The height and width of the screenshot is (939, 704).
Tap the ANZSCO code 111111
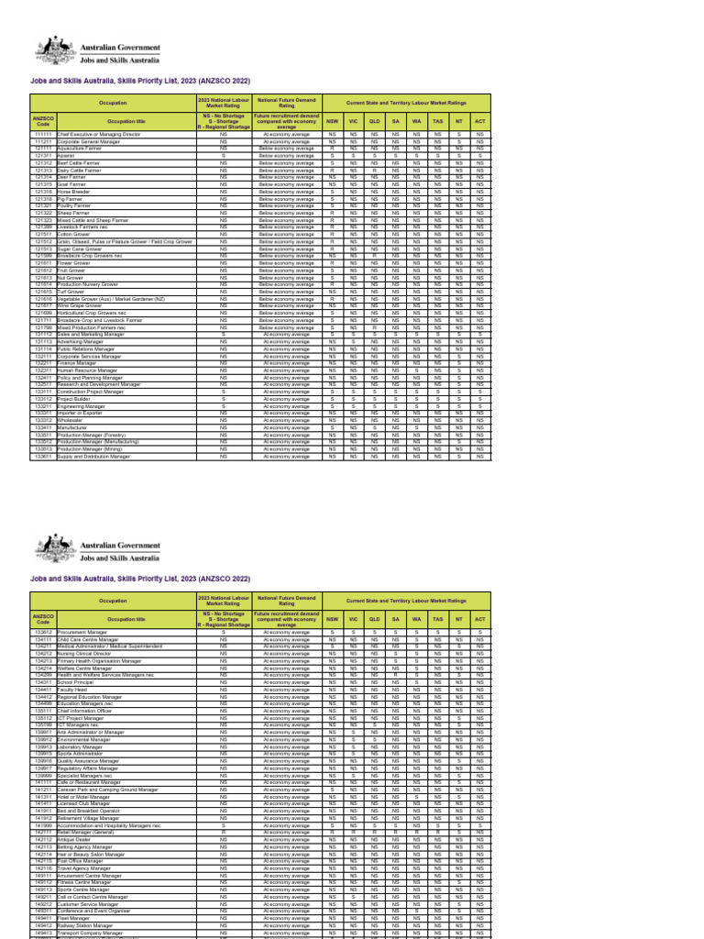point(43,134)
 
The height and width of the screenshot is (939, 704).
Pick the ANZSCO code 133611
point(43,457)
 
